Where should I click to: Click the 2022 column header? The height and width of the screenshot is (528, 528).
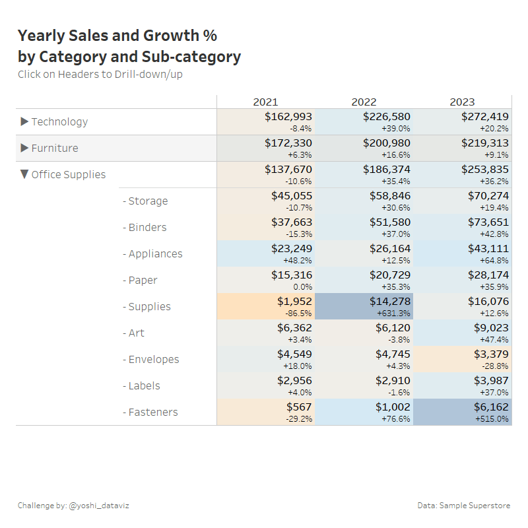click(x=364, y=102)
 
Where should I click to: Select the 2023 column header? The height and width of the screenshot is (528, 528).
click(x=462, y=102)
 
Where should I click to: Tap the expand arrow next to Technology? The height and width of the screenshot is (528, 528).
click(x=25, y=121)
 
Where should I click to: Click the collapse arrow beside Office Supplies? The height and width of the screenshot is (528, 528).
click(x=24, y=174)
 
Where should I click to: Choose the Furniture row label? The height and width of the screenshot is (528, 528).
click(x=55, y=148)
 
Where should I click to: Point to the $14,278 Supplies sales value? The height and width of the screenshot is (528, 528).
click(x=389, y=302)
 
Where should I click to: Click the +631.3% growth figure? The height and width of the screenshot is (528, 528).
click(x=395, y=313)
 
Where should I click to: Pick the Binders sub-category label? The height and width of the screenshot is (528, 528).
click(x=147, y=227)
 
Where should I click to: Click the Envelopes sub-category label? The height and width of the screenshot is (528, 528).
click(x=153, y=359)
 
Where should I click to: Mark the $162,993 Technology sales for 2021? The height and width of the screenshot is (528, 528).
click(x=288, y=117)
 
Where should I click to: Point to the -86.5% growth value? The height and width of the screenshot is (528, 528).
click(x=299, y=313)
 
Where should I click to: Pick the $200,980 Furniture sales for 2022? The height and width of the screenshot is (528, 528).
click(x=386, y=143)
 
